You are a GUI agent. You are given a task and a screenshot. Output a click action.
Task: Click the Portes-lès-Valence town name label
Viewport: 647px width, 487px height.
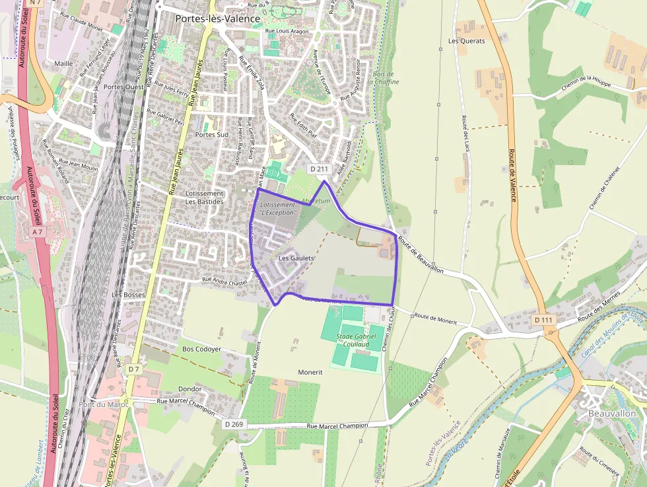(x=217, y=19)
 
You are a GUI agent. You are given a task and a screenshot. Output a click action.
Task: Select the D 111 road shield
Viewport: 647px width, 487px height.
(x=543, y=320)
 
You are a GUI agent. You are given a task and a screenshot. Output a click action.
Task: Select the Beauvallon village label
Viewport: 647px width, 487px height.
(x=611, y=413)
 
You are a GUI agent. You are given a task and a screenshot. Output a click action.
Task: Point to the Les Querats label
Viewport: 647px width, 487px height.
(x=466, y=41)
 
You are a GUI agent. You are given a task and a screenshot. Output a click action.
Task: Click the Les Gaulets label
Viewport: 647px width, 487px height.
(x=296, y=258)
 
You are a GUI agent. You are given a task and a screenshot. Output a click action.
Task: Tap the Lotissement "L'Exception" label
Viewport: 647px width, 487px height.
(x=278, y=209)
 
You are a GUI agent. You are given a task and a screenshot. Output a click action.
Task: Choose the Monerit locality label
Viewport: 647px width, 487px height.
(x=310, y=372)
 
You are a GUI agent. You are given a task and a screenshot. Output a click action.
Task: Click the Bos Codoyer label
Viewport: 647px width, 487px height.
(x=201, y=348)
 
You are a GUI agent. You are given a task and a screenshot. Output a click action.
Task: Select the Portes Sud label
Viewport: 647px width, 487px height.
(x=211, y=134)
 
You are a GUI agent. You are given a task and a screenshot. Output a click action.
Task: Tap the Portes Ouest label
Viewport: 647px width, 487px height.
(x=123, y=87)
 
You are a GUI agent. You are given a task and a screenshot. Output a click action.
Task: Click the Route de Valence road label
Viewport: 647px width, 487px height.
(x=512, y=175)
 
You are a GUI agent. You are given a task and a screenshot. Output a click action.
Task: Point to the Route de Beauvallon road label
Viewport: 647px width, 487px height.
(x=420, y=255)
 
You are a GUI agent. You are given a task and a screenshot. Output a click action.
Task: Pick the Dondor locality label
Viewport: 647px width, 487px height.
(x=189, y=389)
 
